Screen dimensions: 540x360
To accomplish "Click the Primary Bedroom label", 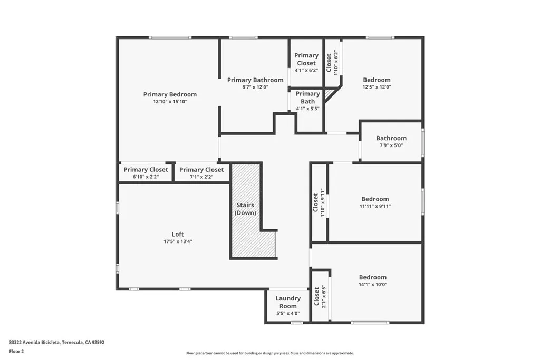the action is coord(170,94).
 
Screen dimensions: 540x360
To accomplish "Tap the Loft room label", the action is coord(178,235).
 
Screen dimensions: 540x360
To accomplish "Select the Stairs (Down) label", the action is coord(245,209).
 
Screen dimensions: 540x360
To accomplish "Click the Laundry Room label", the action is coord(288,302).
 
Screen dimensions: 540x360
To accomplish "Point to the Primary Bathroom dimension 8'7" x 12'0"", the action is coord(255,87).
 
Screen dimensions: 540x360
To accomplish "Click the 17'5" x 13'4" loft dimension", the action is coord(178,241).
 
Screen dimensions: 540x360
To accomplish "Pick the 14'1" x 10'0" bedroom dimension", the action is coord(373,284).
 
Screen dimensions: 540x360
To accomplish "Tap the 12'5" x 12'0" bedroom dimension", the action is coord(377,87).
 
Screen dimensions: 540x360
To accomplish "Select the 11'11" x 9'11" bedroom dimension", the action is coord(375,206).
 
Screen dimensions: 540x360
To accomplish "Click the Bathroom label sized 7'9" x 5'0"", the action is coord(391,138).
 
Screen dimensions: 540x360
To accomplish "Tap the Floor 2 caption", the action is coord(16,352).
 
